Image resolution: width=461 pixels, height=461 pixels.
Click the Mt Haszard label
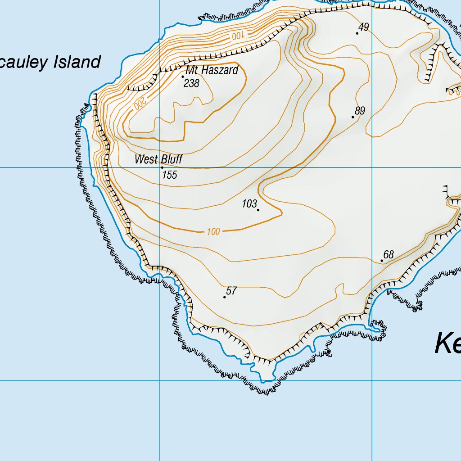coord(212,71)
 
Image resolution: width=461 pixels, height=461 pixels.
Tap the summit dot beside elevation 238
coord(182,77)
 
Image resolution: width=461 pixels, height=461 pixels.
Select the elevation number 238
coord(191,83)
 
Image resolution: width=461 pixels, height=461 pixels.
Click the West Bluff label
coord(159,159)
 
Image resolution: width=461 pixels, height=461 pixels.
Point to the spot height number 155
coord(170,175)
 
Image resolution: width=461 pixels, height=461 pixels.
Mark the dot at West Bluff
coord(162,167)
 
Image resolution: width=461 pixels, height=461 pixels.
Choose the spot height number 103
coord(249,203)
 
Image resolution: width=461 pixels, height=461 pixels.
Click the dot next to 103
coord(258,210)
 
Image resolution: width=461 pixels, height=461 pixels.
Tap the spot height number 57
coord(231,291)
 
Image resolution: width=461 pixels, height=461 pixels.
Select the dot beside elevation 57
coord(225,297)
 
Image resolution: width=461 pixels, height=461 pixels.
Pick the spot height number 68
coord(389,255)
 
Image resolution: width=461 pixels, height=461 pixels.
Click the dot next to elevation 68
coord(382,261)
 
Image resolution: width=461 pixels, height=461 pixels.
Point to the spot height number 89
coord(360,111)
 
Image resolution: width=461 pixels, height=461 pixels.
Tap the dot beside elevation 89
coord(353,117)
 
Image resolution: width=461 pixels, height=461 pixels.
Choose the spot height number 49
coord(364,27)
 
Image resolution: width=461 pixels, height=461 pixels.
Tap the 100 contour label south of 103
coord(213,232)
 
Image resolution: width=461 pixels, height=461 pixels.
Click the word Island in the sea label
coord(77,62)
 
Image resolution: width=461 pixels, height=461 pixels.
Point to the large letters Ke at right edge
coord(447,344)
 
